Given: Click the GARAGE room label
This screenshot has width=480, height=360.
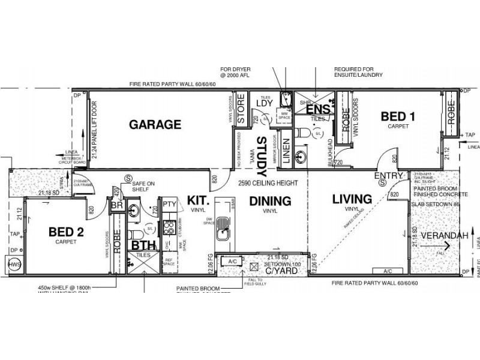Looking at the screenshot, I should (155, 125).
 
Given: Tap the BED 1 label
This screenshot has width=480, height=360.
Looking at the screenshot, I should (398, 117).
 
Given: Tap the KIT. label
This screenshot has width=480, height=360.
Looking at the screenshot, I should (197, 200).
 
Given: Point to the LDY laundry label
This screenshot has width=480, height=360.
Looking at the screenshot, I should (265, 103).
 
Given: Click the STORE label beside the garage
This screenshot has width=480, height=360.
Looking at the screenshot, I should (241, 110).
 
